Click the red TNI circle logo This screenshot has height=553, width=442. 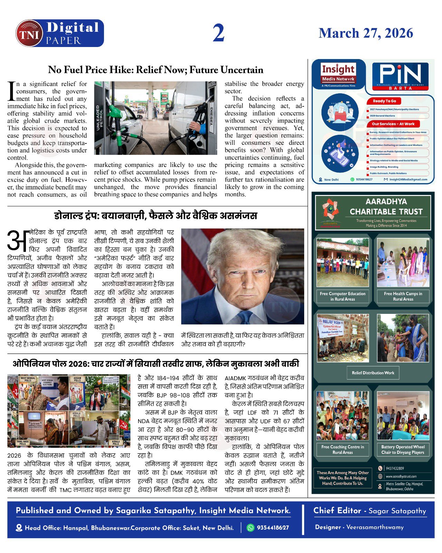[x=29, y=34]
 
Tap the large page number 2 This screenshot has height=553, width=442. [x=219, y=33]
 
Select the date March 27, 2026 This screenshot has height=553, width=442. [x=366, y=33]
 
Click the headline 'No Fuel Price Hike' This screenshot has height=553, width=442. [x=155, y=70]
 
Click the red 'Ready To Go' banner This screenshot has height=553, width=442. [x=384, y=101]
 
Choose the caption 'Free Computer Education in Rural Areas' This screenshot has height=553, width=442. [x=343, y=296]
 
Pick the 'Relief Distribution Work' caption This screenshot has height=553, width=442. [x=373, y=373]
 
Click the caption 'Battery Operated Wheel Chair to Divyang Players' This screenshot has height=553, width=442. [x=403, y=449]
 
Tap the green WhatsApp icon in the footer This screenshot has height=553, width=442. [x=250, y=528]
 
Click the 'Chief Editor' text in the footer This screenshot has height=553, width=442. [x=337, y=511]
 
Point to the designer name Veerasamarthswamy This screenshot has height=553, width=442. [x=375, y=527]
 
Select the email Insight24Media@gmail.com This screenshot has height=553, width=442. [x=408, y=179]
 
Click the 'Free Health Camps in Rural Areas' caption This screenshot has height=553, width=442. [x=403, y=296]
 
